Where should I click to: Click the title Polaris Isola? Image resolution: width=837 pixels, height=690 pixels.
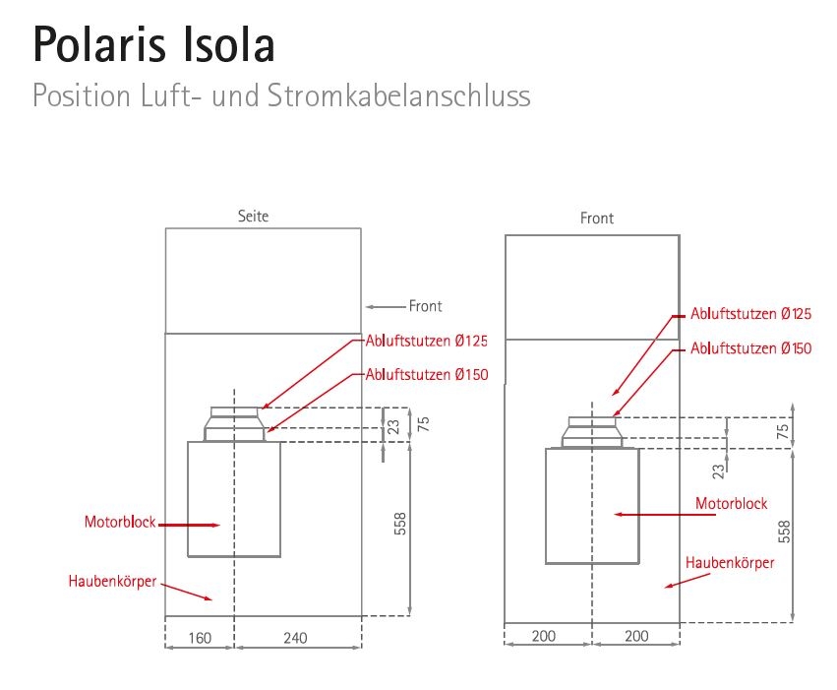click(x=153, y=44)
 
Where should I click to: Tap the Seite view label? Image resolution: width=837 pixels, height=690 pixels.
click(x=253, y=216)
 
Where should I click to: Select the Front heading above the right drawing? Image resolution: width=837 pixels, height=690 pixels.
click(x=597, y=219)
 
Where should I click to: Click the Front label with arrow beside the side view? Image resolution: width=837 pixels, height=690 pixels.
click(x=426, y=306)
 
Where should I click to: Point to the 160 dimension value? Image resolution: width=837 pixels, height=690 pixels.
click(x=200, y=638)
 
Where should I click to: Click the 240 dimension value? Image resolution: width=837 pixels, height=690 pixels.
click(x=295, y=638)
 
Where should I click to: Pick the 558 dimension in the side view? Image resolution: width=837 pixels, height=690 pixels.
click(x=399, y=524)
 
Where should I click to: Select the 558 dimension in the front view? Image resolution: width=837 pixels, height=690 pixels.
click(x=784, y=531)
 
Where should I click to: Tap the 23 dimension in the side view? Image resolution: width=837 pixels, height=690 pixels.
click(x=393, y=426)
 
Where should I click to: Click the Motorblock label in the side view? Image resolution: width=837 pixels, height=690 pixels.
click(x=119, y=523)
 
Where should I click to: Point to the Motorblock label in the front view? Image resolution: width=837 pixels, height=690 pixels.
click(x=732, y=503)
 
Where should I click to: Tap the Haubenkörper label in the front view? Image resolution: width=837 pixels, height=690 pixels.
click(x=730, y=563)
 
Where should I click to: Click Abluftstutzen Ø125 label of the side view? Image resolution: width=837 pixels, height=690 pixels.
click(x=427, y=341)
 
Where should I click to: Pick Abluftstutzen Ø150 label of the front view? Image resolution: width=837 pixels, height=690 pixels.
click(x=751, y=348)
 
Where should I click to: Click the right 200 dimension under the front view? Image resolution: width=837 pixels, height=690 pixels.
click(x=636, y=636)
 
